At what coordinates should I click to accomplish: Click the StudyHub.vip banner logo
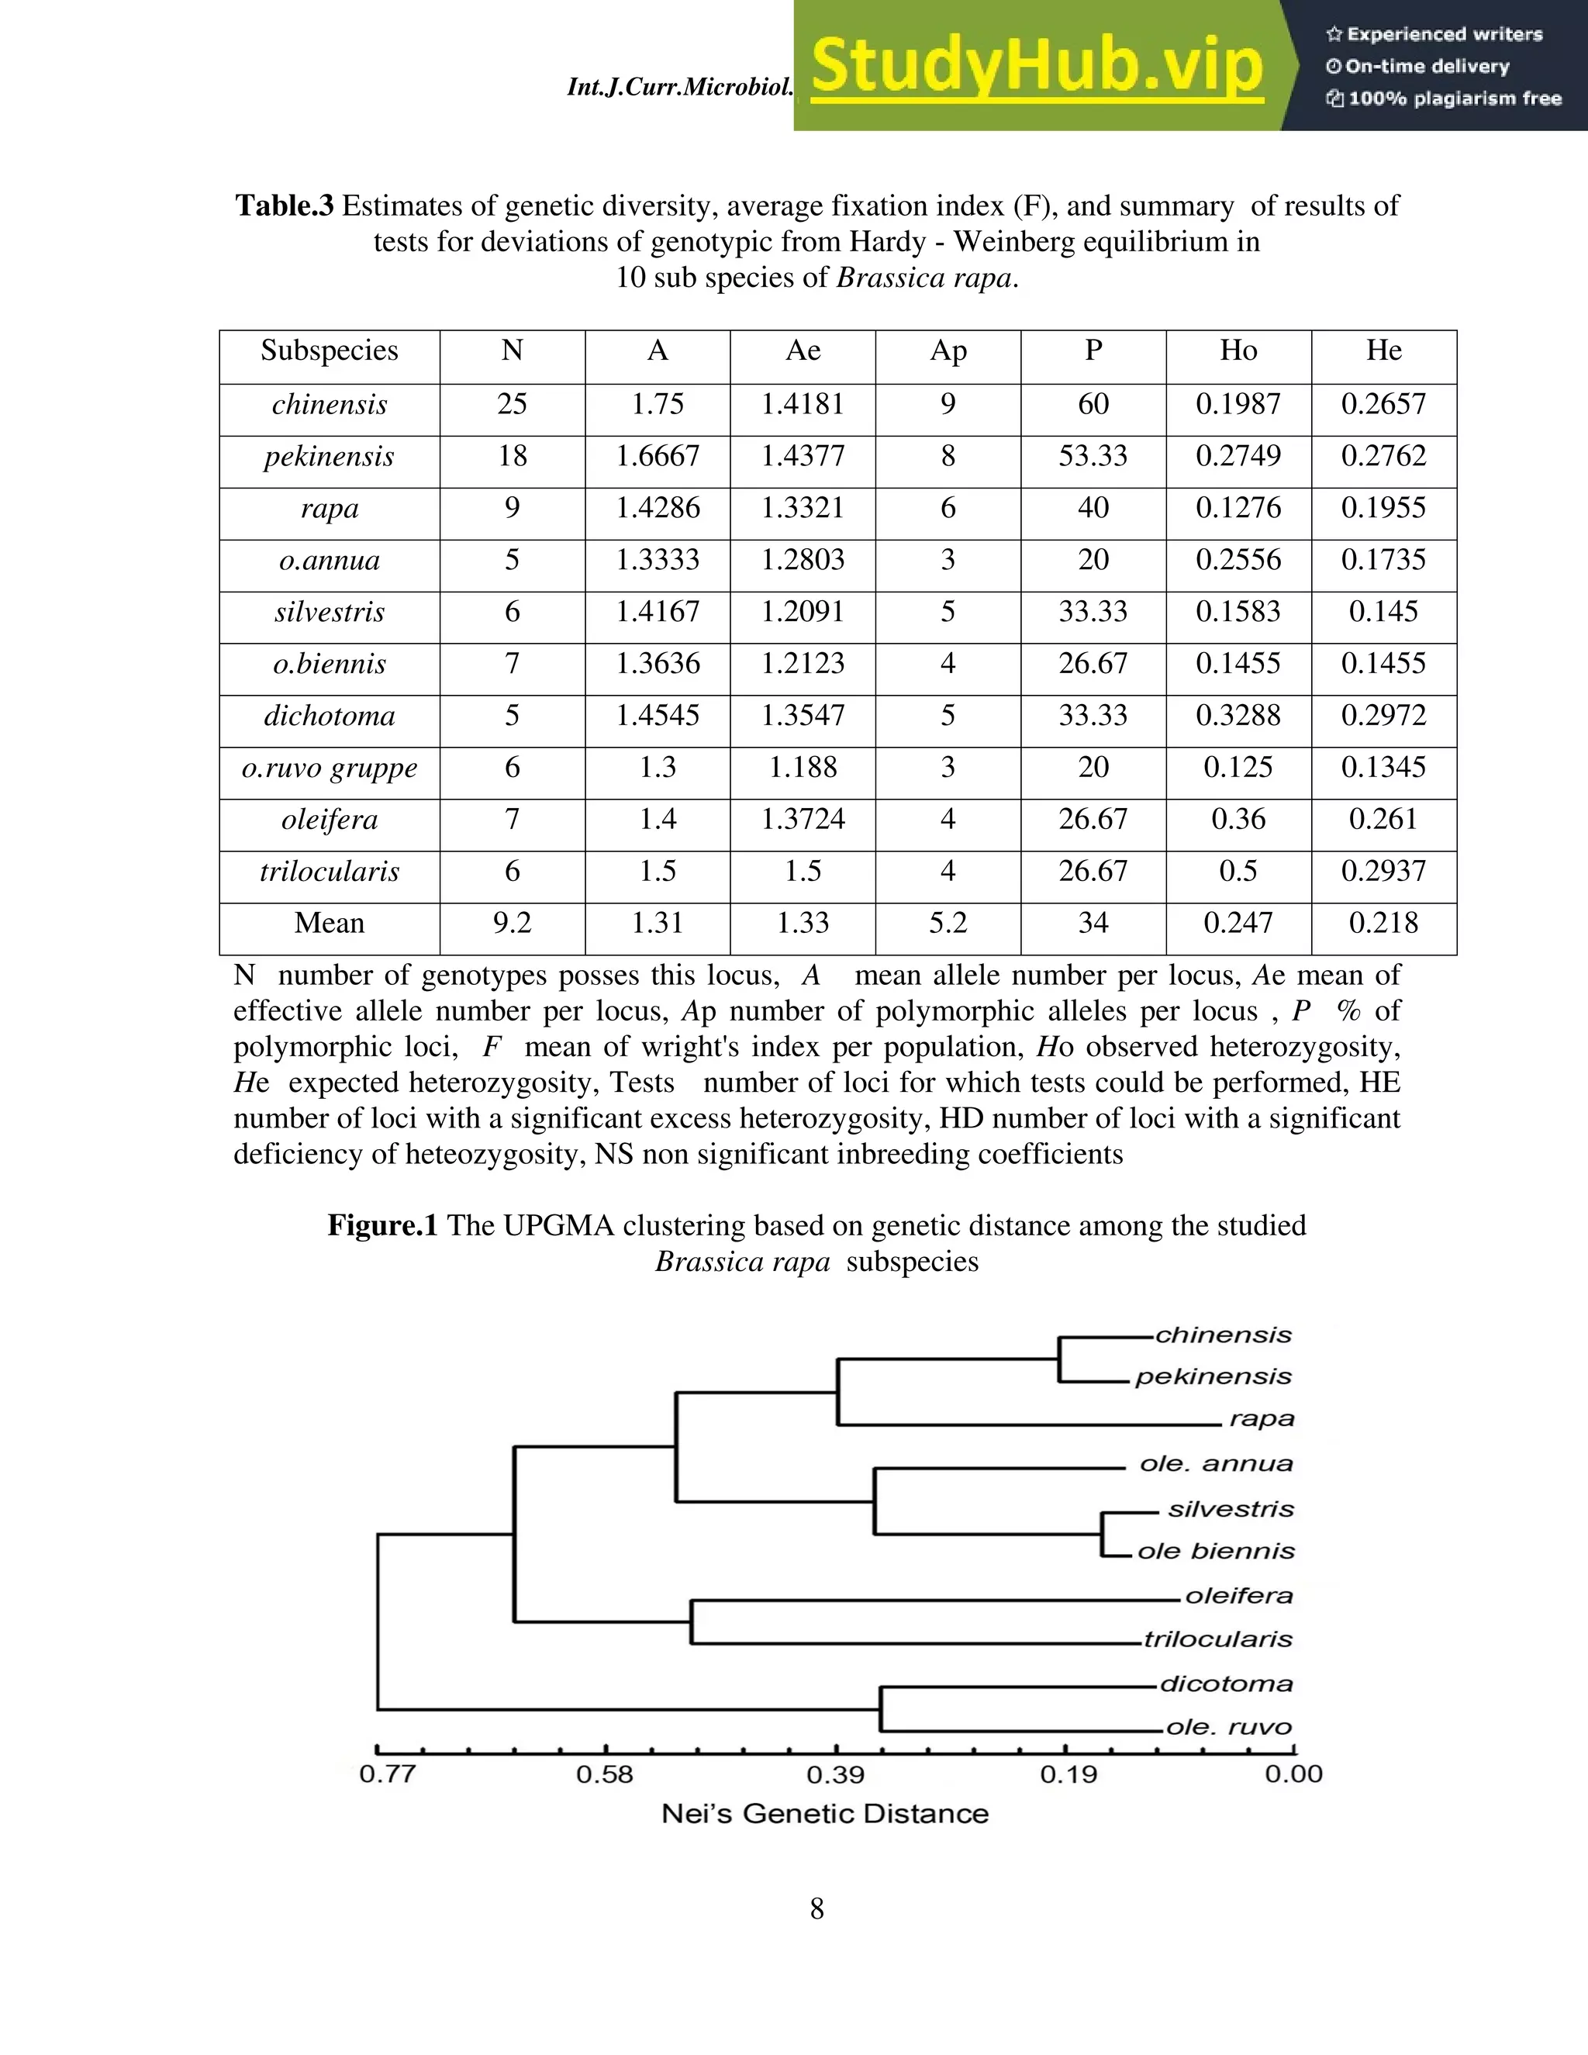tap(1036, 66)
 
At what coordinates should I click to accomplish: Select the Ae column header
tap(803, 351)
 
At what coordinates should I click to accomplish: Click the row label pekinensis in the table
tap(330, 456)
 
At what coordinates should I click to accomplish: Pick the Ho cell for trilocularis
tap(1238, 872)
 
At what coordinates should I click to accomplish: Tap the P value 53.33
tap(1093, 456)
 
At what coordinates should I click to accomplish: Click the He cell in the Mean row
tap(1383, 923)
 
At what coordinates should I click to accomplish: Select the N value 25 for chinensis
tap(512, 405)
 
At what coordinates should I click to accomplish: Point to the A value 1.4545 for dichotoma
tap(657, 716)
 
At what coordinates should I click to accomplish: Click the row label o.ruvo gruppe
tap(330, 768)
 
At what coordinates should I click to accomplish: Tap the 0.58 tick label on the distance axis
tap(605, 1774)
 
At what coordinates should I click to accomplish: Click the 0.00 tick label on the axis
tap(1293, 1774)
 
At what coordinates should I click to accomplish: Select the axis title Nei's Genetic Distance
tap(825, 1814)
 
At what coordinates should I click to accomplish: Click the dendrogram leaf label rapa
tap(1262, 1419)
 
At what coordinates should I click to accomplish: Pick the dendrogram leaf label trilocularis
tap(1218, 1639)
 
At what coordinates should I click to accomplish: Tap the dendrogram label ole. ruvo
tap(1229, 1728)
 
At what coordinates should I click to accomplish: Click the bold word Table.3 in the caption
tap(284, 206)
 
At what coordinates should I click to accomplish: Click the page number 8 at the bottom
tap(816, 1909)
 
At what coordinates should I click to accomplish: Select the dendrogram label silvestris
tap(1231, 1509)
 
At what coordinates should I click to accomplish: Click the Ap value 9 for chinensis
tap(948, 405)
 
